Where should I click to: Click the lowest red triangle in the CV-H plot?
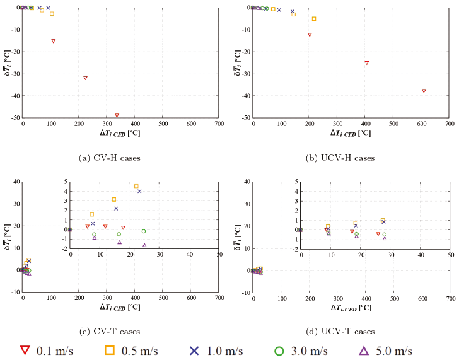point(117,115)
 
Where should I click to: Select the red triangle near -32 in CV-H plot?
point(85,78)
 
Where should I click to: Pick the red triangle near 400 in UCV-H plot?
point(366,63)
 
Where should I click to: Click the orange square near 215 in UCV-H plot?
point(314,19)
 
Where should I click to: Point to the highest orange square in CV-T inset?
point(136,186)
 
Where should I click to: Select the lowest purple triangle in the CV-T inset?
point(144,245)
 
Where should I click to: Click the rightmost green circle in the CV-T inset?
point(144,231)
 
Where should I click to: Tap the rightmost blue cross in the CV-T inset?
point(139,191)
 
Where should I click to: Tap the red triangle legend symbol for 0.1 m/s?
point(26,351)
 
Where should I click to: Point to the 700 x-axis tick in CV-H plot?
point(218,125)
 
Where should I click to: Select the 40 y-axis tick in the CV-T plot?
point(16,182)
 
